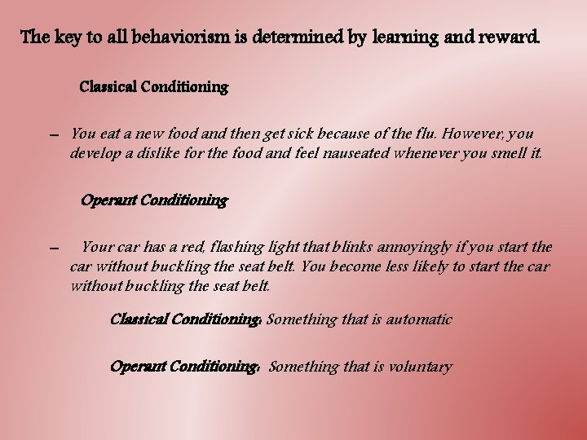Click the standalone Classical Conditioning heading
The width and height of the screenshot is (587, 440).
click(154, 86)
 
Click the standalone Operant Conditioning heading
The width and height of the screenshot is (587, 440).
click(154, 200)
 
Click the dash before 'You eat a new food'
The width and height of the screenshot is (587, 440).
click(53, 134)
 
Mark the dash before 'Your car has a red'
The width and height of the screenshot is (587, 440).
click(53, 249)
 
